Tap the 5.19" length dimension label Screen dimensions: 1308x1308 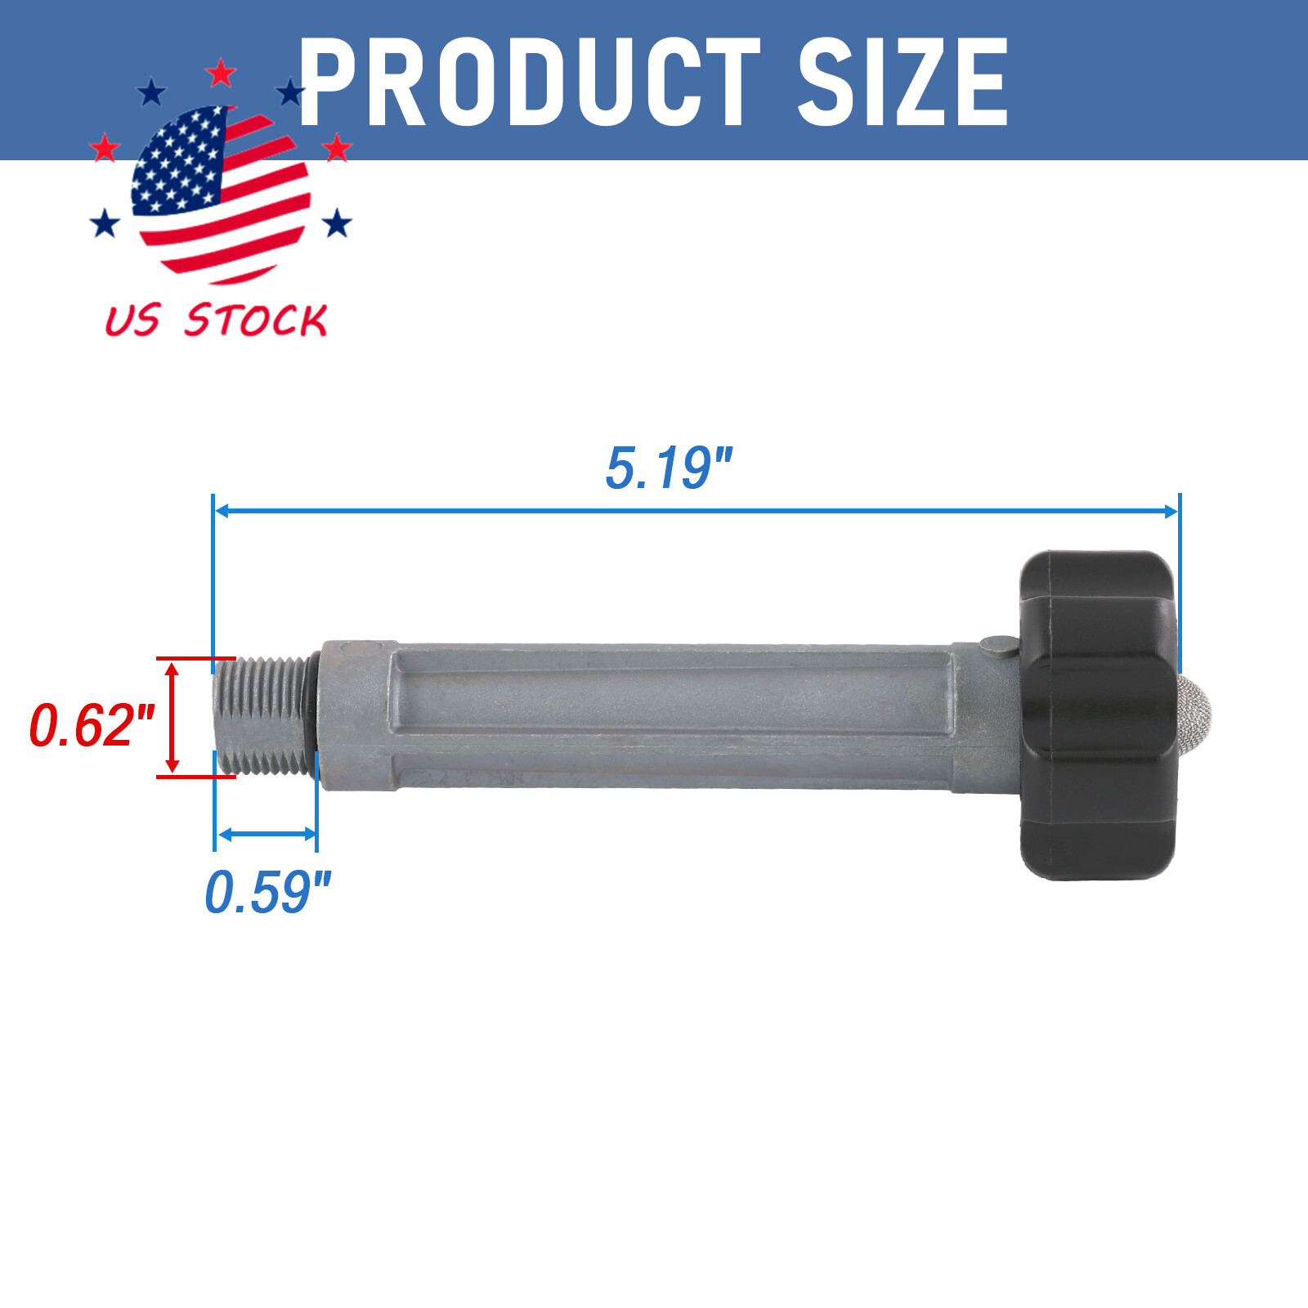tap(668, 468)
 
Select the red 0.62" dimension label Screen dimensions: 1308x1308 tap(91, 724)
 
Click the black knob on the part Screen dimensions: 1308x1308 tap(1099, 715)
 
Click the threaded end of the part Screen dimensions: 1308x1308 tap(262, 716)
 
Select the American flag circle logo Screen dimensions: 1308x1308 tap(221, 195)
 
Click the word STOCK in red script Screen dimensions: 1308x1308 tap(256, 320)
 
